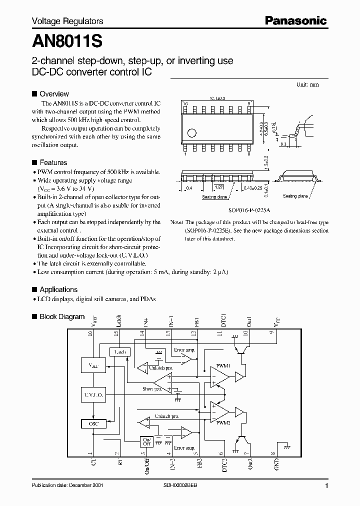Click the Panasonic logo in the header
point(296,20)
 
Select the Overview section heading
point(54,94)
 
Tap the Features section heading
point(53,162)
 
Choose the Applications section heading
point(58,289)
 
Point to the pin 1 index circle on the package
point(191,133)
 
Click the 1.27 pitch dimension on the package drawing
point(218,186)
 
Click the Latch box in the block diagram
point(119,351)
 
